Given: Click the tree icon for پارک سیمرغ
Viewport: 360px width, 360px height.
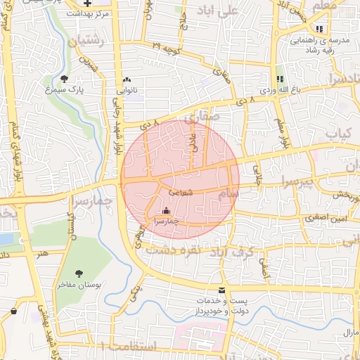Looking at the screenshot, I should point(65,79).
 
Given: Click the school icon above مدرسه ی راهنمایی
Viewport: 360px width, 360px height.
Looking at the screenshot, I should point(321,30).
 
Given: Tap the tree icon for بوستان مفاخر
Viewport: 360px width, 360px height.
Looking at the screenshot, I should point(78,274).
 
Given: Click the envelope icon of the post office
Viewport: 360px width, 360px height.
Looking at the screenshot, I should point(222,290).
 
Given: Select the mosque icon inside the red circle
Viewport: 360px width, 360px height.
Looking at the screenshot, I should point(167,210).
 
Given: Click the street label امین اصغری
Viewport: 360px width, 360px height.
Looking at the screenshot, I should point(327,220).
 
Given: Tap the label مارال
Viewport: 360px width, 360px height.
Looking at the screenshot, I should point(350,332).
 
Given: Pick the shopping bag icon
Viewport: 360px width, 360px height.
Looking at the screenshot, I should point(13,311).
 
